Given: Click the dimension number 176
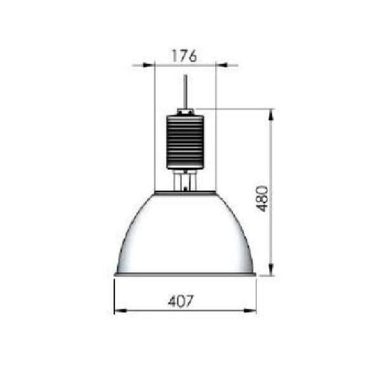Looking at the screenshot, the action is (184, 56).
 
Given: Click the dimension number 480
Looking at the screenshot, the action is (262, 199).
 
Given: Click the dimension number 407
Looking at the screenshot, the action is (181, 301).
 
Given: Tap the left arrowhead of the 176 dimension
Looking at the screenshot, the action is (148, 65).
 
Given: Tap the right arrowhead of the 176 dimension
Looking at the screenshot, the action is (222, 65).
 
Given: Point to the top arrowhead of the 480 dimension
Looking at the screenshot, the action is (271, 115).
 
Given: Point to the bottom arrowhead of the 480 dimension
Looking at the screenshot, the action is (271, 270).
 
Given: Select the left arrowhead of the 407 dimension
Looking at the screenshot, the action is (120, 311).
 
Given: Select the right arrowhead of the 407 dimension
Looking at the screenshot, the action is (250, 311).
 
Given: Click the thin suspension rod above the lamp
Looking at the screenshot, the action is (185, 92).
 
